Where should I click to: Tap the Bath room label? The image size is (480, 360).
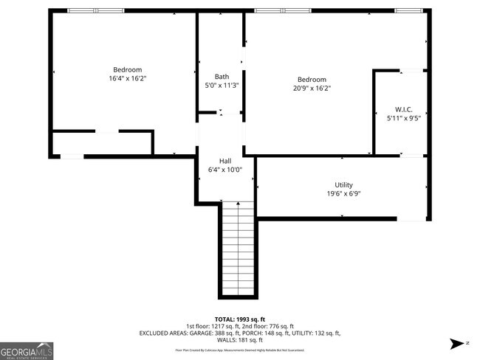click(x=222, y=77)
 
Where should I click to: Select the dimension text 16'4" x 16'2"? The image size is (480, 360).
click(x=128, y=78)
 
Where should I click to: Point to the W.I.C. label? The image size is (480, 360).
click(x=404, y=108)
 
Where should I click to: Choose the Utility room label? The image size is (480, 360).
click(x=343, y=184)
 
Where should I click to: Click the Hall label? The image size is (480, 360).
click(x=226, y=161)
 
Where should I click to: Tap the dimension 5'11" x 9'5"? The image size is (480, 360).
click(x=404, y=117)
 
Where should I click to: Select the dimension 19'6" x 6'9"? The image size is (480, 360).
click(x=343, y=193)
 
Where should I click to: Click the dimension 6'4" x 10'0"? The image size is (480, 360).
click(x=226, y=170)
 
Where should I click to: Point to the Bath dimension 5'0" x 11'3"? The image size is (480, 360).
click(x=222, y=86)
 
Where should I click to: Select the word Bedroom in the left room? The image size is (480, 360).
click(x=128, y=69)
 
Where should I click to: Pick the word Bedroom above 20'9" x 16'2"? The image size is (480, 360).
click(x=312, y=79)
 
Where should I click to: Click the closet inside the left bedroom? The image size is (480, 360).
click(x=102, y=142)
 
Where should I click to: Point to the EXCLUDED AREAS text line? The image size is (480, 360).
click(x=240, y=333)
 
